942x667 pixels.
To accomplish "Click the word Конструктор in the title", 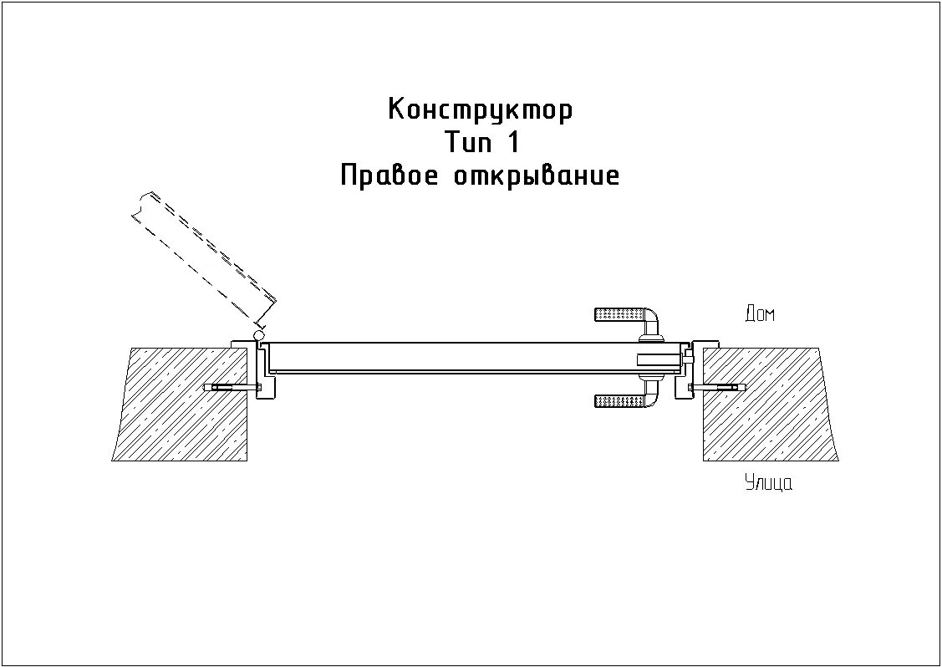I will [481, 110].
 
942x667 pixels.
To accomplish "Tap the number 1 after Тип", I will [512, 143].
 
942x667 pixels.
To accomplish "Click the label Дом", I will [759, 314].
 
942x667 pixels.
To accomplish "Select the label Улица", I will [768, 483].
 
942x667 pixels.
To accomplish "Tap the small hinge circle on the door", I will [257, 334].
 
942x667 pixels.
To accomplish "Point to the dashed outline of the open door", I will [205, 255].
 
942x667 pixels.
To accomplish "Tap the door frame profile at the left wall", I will [259, 368].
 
